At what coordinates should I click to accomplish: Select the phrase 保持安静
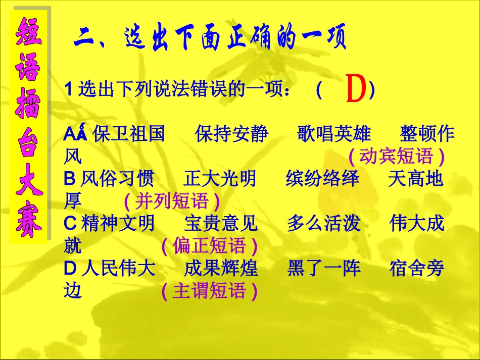(231, 134)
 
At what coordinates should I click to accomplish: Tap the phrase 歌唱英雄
(334, 134)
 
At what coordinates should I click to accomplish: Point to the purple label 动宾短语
(396, 157)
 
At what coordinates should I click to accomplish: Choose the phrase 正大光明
(220, 179)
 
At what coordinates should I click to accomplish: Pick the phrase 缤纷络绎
(323, 179)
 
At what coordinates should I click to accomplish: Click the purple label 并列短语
(172, 201)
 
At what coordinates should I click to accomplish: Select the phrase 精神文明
(118, 224)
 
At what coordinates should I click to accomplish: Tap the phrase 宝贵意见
(221, 224)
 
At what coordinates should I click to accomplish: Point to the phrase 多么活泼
(324, 224)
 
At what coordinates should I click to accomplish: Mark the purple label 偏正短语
(209, 246)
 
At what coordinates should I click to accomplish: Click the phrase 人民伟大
(118, 269)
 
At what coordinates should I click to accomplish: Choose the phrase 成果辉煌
(221, 269)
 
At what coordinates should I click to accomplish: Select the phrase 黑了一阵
(324, 269)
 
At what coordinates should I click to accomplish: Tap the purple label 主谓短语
(209, 291)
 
